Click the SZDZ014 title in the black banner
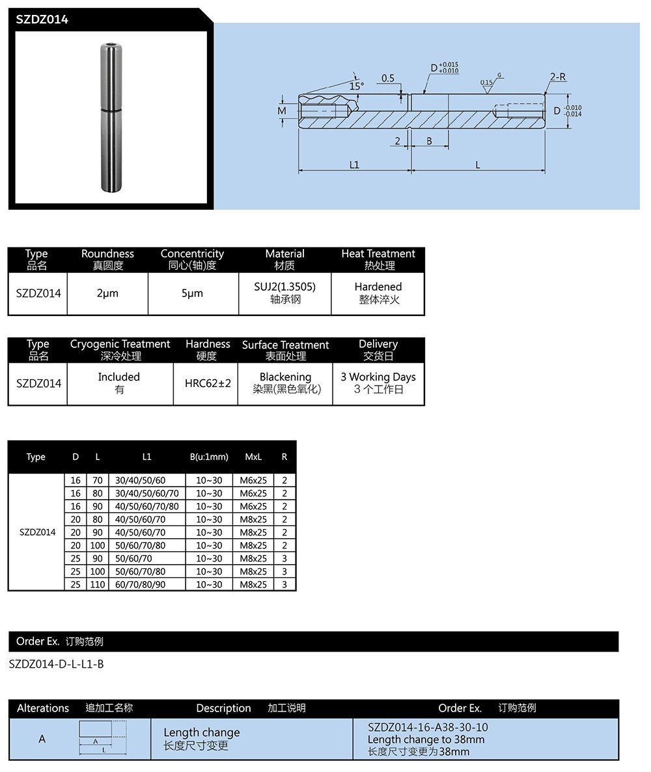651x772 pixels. pos(42,20)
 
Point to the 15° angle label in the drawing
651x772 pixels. pos(356,85)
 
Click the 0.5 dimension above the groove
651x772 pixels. pos(388,78)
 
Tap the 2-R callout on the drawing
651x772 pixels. pos(557,77)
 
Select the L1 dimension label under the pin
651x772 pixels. pos(354,165)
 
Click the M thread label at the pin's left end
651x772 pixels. pos(282,111)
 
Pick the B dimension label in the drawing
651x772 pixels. pos(429,141)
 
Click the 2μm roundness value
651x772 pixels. pos(107,293)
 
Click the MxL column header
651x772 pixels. pos(253,457)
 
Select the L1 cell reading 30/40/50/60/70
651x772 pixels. pos(146,493)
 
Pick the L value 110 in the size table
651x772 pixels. pos(98,584)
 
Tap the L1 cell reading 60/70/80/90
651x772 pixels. pos(140,584)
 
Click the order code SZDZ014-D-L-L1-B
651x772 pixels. pos(57,665)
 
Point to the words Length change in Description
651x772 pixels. pos(202,733)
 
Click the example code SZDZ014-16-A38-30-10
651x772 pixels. pos(428,727)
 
